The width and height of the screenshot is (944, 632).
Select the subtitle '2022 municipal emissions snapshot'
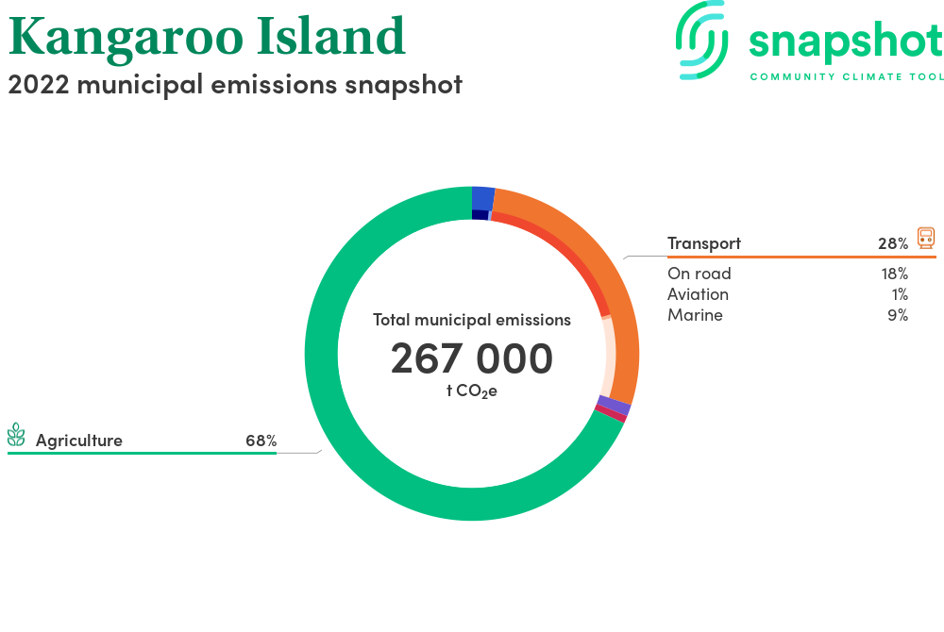(235, 85)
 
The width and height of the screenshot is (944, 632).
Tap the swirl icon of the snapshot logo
(701, 40)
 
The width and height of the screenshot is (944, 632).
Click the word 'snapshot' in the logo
(846, 42)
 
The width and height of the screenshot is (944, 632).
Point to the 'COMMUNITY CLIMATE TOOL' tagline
(847, 77)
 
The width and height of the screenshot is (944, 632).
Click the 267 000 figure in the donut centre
(472, 358)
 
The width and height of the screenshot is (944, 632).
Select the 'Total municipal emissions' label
(472, 320)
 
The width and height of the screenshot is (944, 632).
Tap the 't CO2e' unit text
(472, 391)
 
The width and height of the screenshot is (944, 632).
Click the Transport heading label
(704, 243)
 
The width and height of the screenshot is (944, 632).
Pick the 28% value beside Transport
(893, 243)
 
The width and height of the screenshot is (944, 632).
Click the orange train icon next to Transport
(926, 238)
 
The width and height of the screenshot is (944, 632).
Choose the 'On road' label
(699, 274)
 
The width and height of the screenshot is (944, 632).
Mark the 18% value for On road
(895, 274)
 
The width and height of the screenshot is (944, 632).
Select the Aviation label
(698, 294)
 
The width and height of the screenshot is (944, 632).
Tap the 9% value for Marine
(898, 315)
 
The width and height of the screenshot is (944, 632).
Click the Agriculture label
(79, 441)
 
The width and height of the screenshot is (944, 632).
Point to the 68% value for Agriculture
(261, 441)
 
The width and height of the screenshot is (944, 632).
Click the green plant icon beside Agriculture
(16, 435)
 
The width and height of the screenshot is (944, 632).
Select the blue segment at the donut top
(482, 198)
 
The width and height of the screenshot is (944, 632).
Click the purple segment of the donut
(615, 406)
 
